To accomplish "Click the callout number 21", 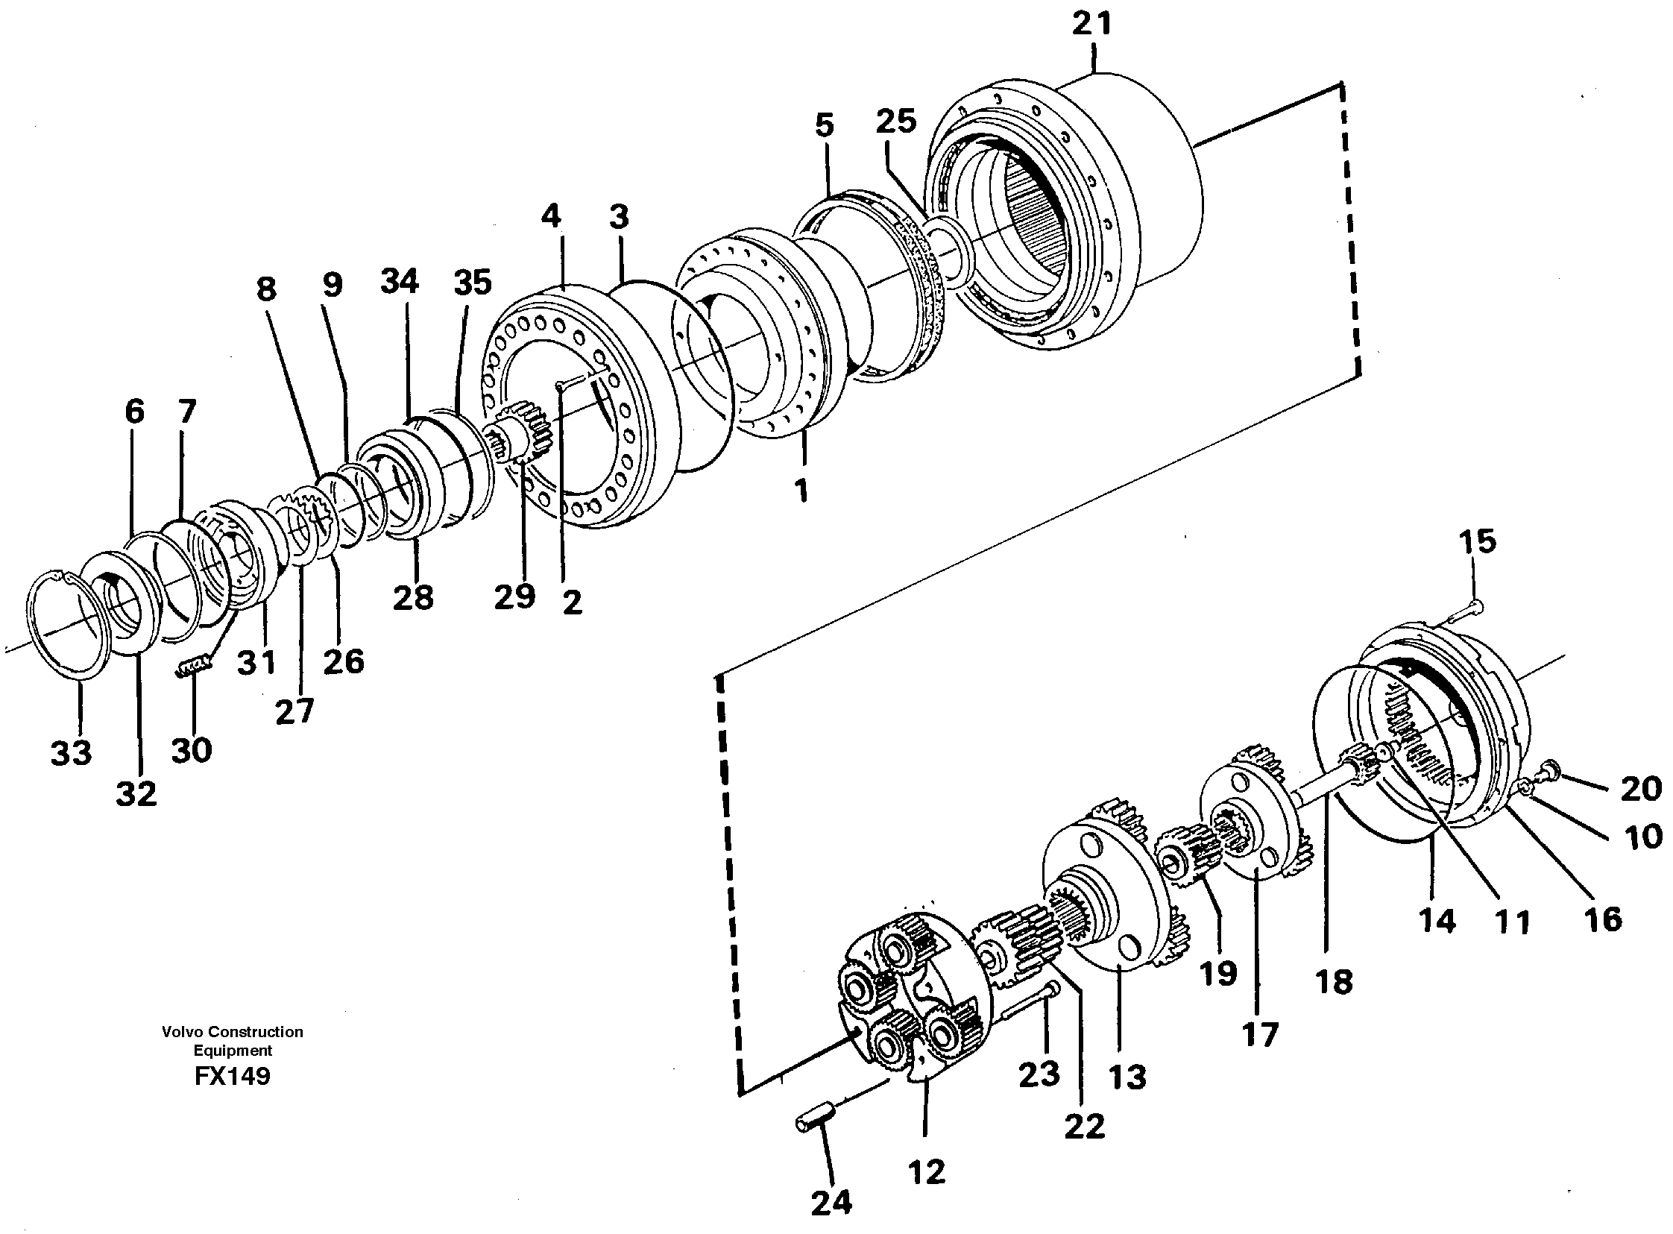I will [1092, 24].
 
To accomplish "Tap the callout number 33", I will [71, 752].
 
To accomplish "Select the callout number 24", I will [831, 1203].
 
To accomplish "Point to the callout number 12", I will [927, 1171].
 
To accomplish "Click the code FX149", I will [233, 1077].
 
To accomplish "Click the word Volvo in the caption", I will [181, 1032].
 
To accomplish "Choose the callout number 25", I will [896, 120].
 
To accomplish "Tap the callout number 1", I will [801, 491].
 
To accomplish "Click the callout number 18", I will [1335, 980].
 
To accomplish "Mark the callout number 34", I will [400, 282].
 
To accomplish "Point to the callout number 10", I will [1643, 837].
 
